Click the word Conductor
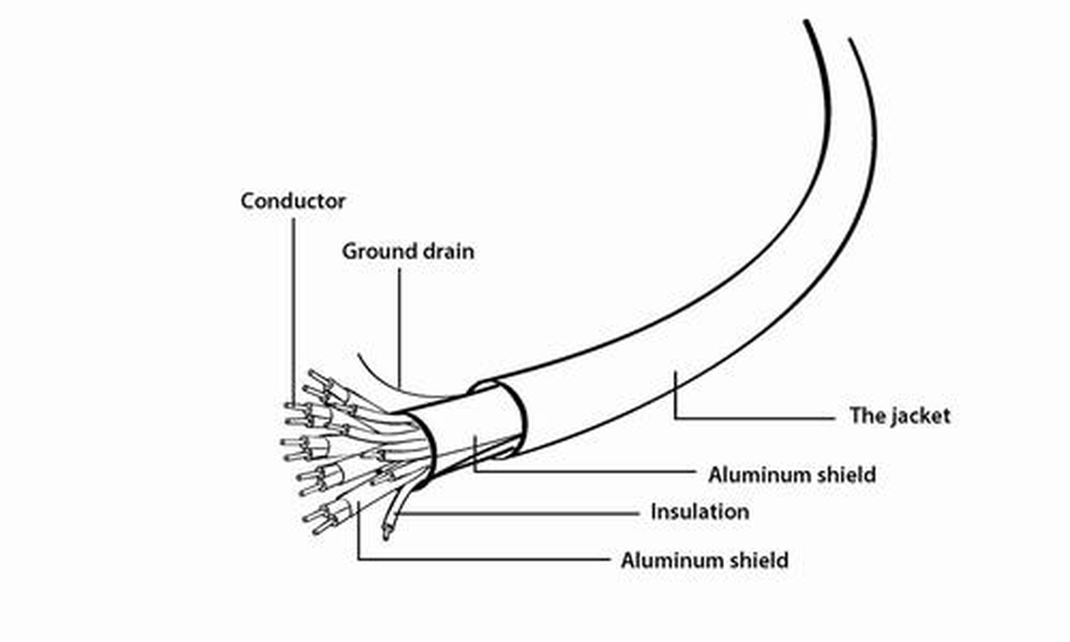point(293,201)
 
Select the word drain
point(448,251)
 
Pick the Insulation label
point(700,512)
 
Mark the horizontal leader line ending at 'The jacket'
point(754,418)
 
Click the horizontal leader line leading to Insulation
point(519,514)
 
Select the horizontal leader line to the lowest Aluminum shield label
point(484,560)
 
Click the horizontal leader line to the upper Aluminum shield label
point(584,471)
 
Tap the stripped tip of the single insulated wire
point(386,532)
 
